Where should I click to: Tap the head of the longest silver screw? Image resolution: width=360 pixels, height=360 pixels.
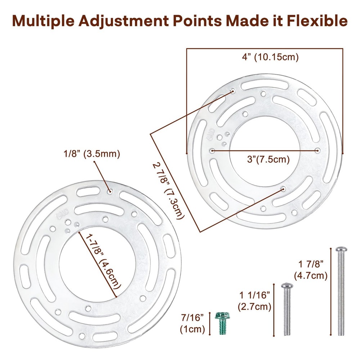pyautogui.click(x=341, y=249)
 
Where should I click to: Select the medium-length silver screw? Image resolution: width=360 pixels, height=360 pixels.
pyautogui.click(x=287, y=309)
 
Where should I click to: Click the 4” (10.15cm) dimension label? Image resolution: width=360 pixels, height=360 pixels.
pyautogui.click(x=270, y=57)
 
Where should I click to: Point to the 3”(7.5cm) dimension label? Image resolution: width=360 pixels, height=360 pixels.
pyautogui.click(x=268, y=159)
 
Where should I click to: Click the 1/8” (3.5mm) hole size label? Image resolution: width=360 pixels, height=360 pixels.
pyautogui.click(x=91, y=154)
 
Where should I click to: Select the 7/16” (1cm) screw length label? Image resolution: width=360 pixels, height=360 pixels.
pyautogui.click(x=193, y=323)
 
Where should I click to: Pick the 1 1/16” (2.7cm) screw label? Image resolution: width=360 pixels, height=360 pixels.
pyautogui.click(x=255, y=301)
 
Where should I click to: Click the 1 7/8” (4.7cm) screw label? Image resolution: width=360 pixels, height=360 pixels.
pyautogui.click(x=311, y=270)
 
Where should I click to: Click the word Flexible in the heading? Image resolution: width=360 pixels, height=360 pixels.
pyautogui.click(x=317, y=21)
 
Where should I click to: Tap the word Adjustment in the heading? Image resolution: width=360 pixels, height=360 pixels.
pyautogui.click(x=123, y=21)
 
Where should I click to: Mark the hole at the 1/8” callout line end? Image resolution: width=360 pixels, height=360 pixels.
pyautogui.click(x=110, y=191)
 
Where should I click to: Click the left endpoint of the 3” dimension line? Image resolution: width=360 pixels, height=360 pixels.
pyautogui.click(x=213, y=151)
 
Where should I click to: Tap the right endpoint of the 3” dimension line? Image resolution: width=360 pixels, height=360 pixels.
pyautogui.click(x=318, y=150)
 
